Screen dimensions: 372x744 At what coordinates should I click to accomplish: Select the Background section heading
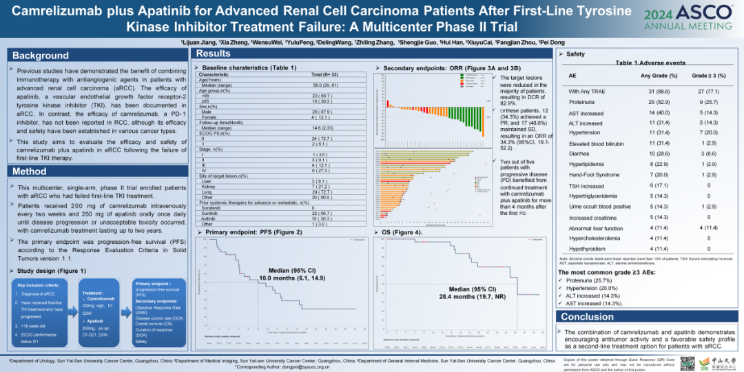[x=41, y=56]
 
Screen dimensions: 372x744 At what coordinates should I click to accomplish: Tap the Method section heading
[x=30, y=172]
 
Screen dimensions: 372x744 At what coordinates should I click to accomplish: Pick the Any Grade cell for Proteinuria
[x=659, y=102]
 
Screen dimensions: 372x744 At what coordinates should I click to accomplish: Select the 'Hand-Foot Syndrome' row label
[x=595, y=175]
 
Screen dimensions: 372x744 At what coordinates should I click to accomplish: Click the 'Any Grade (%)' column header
[x=659, y=75]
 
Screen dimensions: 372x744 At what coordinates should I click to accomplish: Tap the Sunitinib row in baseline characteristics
[x=210, y=214]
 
